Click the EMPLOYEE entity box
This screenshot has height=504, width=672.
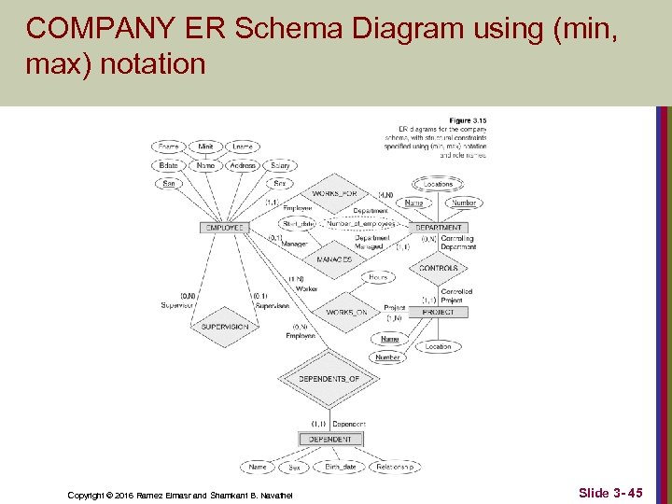(x=224, y=228)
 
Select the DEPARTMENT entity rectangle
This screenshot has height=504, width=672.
(x=438, y=228)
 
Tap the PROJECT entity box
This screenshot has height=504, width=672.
(x=438, y=312)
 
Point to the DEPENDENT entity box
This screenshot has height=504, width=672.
(x=330, y=439)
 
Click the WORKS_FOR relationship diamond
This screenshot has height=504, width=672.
(x=333, y=193)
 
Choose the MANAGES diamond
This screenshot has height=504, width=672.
(x=333, y=259)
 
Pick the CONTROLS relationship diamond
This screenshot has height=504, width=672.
(x=438, y=268)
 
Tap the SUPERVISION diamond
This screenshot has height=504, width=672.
(x=224, y=327)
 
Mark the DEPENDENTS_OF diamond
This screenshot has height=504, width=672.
(x=322, y=378)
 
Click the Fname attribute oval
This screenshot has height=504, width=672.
(x=168, y=147)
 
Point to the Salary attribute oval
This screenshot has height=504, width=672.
(x=279, y=165)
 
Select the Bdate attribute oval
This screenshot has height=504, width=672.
(x=168, y=165)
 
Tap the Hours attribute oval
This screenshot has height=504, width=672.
(x=378, y=277)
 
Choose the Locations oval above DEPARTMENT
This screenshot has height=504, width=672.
(x=438, y=185)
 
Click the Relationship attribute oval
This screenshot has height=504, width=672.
(x=395, y=467)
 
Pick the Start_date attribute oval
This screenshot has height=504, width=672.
(x=300, y=224)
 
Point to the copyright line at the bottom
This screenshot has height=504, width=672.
(x=179, y=494)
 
